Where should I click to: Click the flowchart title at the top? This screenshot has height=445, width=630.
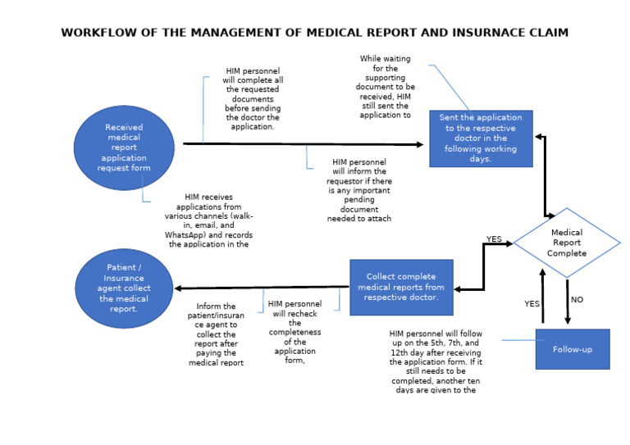[x=315, y=33]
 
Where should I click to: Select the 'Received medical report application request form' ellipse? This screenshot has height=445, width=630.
[x=124, y=148]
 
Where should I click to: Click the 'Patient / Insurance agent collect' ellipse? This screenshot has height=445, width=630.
[x=124, y=288]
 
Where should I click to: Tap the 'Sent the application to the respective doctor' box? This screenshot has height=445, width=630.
[x=481, y=138]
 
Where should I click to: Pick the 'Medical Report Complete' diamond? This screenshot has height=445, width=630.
[x=567, y=243]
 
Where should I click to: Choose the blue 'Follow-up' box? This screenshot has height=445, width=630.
[x=572, y=349]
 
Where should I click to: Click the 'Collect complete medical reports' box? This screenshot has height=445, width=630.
[x=401, y=287]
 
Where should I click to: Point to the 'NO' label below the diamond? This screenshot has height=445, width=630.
[x=577, y=300]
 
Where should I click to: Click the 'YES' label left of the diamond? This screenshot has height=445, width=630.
[x=494, y=239]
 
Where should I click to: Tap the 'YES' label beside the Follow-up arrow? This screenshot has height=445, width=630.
[x=532, y=303]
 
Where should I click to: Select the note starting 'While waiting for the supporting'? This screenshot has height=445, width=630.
[x=385, y=87]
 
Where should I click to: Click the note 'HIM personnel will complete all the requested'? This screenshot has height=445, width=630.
[x=253, y=99]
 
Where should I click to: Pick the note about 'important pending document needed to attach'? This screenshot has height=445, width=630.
[x=359, y=190]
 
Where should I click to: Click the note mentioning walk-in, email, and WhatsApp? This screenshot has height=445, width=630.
[x=208, y=220]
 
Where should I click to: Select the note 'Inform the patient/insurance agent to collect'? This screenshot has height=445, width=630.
[x=217, y=334]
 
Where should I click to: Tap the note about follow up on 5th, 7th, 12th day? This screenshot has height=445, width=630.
[x=436, y=361]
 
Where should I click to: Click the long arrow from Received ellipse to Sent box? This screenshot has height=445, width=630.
[x=304, y=144]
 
